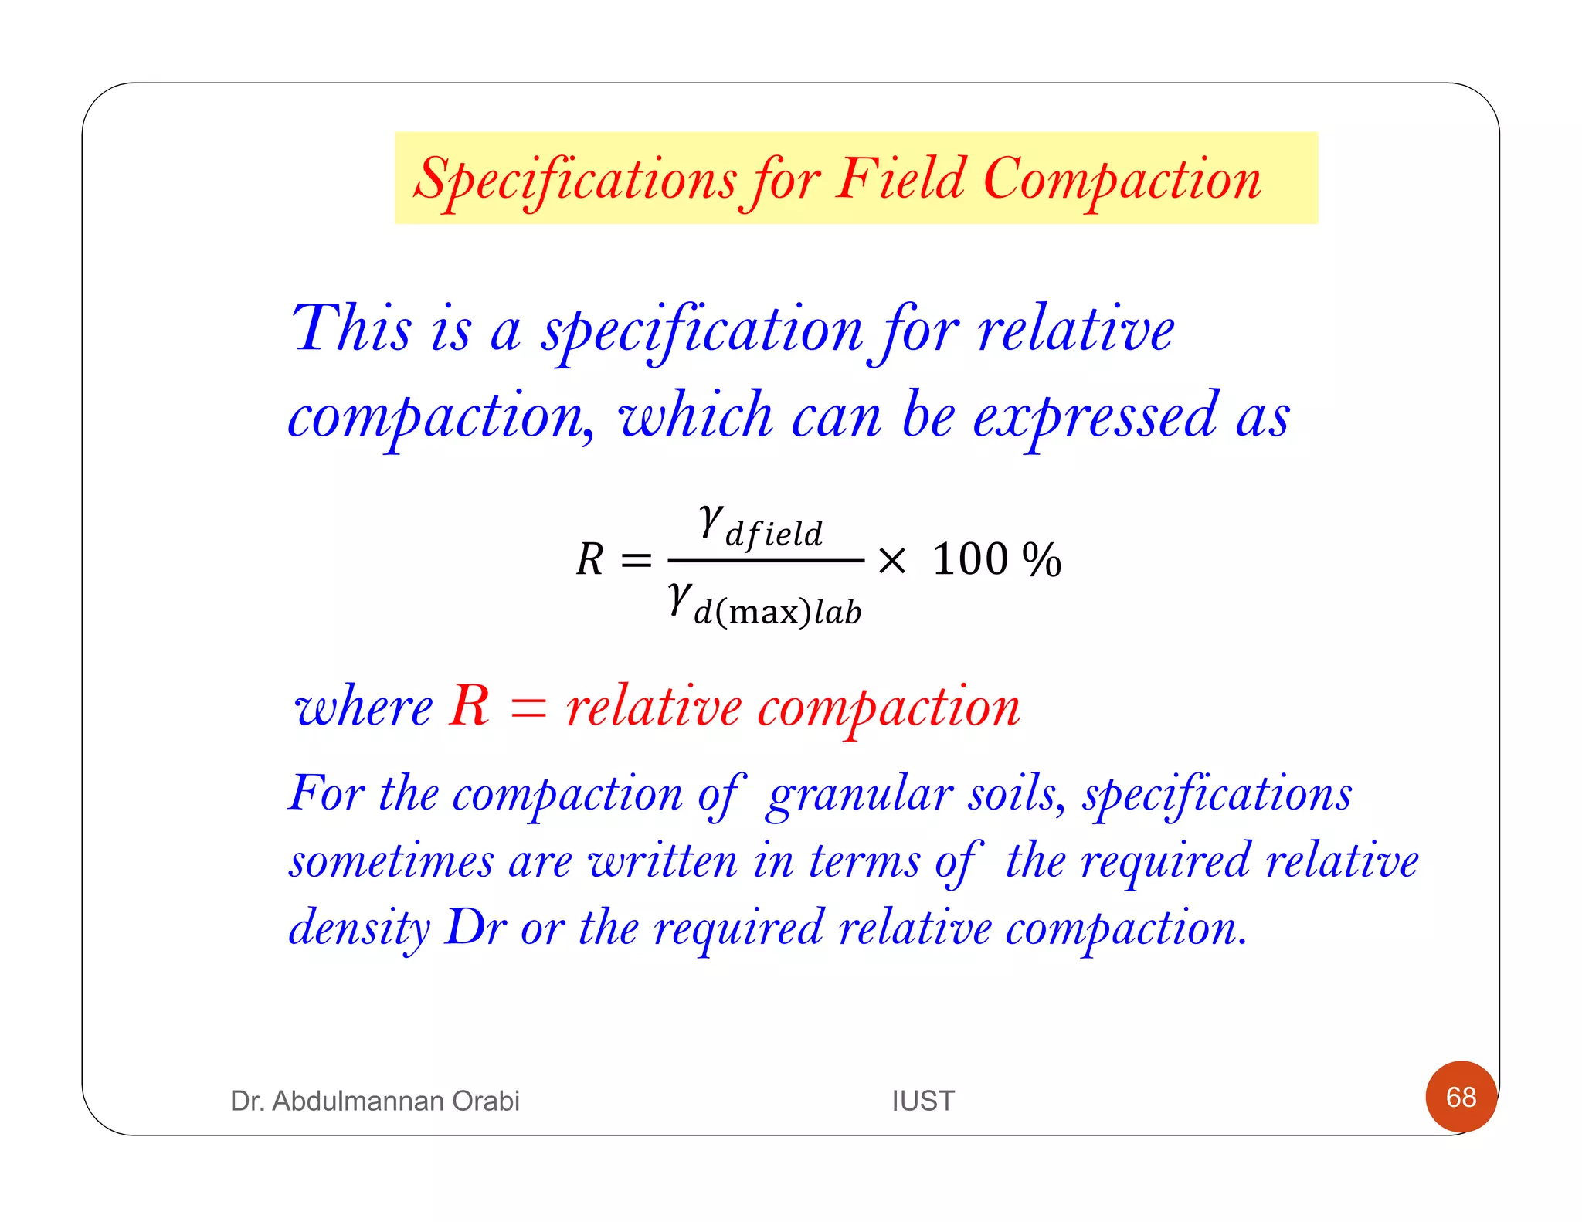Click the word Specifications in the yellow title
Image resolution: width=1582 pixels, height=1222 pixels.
[575, 180]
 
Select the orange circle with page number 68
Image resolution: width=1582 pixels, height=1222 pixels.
[1461, 1097]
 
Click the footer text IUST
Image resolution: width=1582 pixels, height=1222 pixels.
[923, 1101]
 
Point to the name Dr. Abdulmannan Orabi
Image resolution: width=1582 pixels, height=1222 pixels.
[375, 1101]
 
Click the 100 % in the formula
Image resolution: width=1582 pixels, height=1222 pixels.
[996, 559]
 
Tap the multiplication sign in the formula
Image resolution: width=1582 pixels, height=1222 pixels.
[892, 560]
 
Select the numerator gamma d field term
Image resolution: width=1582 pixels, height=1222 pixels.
[761, 527]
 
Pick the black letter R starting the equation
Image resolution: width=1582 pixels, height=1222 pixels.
[590, 559]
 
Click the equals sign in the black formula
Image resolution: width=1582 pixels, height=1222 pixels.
[636, 560]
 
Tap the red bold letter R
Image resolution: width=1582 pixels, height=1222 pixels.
[470, 705]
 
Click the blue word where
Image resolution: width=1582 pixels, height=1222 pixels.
[364, 708]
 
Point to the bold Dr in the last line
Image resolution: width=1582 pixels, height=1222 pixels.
[476, 927]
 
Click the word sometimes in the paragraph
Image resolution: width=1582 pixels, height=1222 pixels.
[391, 861]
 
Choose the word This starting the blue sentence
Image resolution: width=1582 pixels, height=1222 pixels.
[351, 328]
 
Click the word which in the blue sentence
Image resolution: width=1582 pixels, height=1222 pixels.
[695, 416]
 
